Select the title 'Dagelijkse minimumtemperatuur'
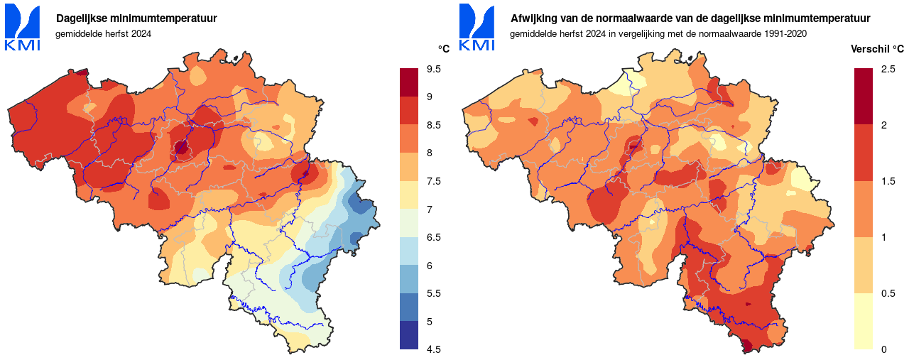coord(136,18)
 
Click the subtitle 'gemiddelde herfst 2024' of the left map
coord(104,33)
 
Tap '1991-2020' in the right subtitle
coord(786,33)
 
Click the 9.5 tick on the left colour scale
coord(434,69)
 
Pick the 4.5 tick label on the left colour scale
coord(434,349)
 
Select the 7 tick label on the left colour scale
coord(429,209)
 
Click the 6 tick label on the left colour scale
coord(429,265)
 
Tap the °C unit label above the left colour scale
coord(443,49)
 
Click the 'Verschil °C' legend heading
coord(878,49)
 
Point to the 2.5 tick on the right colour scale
coord(888,69)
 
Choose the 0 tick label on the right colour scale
coord(883,349)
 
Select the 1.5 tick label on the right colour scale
coord(888,181)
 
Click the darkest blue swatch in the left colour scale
coord(409,334)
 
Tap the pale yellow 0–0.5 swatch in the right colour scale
coord(864,321)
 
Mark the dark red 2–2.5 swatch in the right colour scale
coord(864,97)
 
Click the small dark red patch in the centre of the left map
coord(180,148)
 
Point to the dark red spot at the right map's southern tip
coord(746,346)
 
